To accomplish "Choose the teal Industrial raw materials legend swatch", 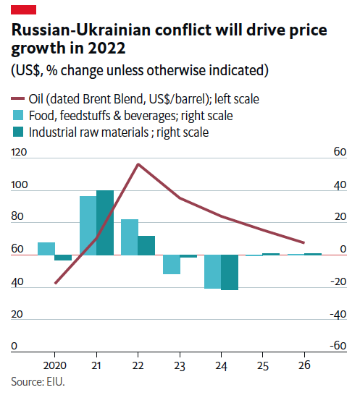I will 17,132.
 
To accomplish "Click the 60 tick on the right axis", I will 339,153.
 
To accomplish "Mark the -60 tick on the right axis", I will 337,347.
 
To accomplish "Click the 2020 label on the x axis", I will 55,366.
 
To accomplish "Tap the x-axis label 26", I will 305,366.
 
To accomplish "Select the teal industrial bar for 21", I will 105,223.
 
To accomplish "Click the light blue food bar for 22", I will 130,237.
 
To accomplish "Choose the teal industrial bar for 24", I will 230,272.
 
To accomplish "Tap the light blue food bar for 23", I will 172,265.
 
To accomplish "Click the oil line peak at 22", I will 138,164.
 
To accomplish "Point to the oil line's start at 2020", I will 55,284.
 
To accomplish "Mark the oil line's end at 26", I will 304,243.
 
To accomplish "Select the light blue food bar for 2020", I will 46,249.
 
